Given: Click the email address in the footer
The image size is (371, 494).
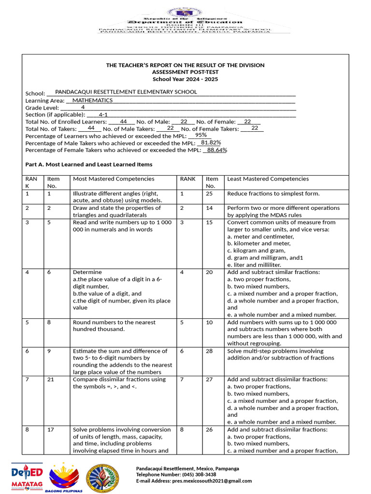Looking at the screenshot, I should click(x=194, y=480).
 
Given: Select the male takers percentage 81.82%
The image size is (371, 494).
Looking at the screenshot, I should click(x=211, y=143).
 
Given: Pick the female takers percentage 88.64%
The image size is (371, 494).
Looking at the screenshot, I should click(x=217, y=150).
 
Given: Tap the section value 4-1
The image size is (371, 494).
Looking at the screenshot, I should click(x=103, y=115).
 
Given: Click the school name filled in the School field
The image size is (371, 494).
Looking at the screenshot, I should click(x=126, y=92).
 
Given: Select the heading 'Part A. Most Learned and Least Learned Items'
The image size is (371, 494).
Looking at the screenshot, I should click(x=88, y=165).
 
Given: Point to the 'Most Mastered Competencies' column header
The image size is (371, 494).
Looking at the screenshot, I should click(x=114, y=179).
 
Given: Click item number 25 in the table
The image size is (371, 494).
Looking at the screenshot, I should click(x=209, y=193).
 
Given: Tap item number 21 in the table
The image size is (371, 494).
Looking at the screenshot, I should click(x=51, y=380).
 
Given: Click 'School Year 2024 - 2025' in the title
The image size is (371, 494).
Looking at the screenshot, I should click(x=185, y=79).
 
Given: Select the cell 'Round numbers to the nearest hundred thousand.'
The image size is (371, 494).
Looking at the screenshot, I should click(x=114, y=326).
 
